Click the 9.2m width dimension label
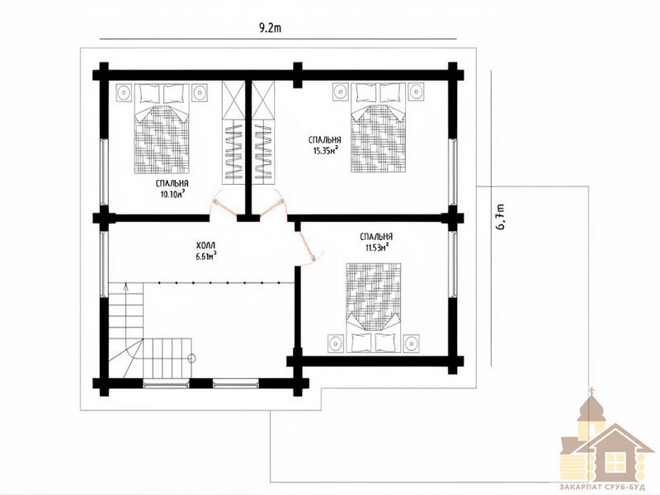tap(271, 28)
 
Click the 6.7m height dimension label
tap(501, 217)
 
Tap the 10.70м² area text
tap(172, 194)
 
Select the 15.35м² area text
tap(326, 151)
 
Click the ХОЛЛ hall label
tap(205, 245)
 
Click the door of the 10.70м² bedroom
tap(222, 204)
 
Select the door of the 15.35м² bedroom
tap(271, 205)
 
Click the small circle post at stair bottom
tap(191, 358)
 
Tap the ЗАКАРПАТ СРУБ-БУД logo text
tap(602, 487)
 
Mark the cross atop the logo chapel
tap(592, 389)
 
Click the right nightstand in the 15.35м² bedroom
tap(416, 92)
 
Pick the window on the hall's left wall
tap(104, 264)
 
